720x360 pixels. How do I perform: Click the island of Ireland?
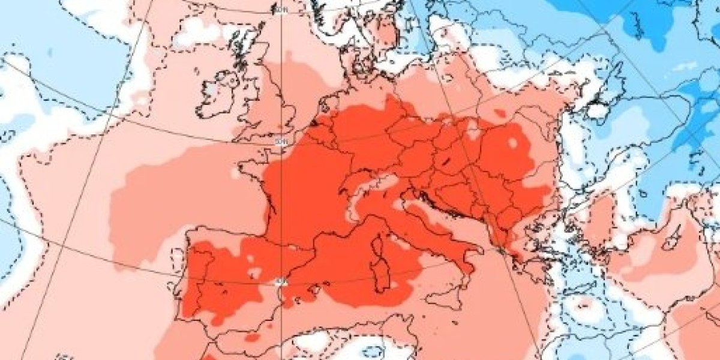219,96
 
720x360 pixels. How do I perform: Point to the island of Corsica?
379,245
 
